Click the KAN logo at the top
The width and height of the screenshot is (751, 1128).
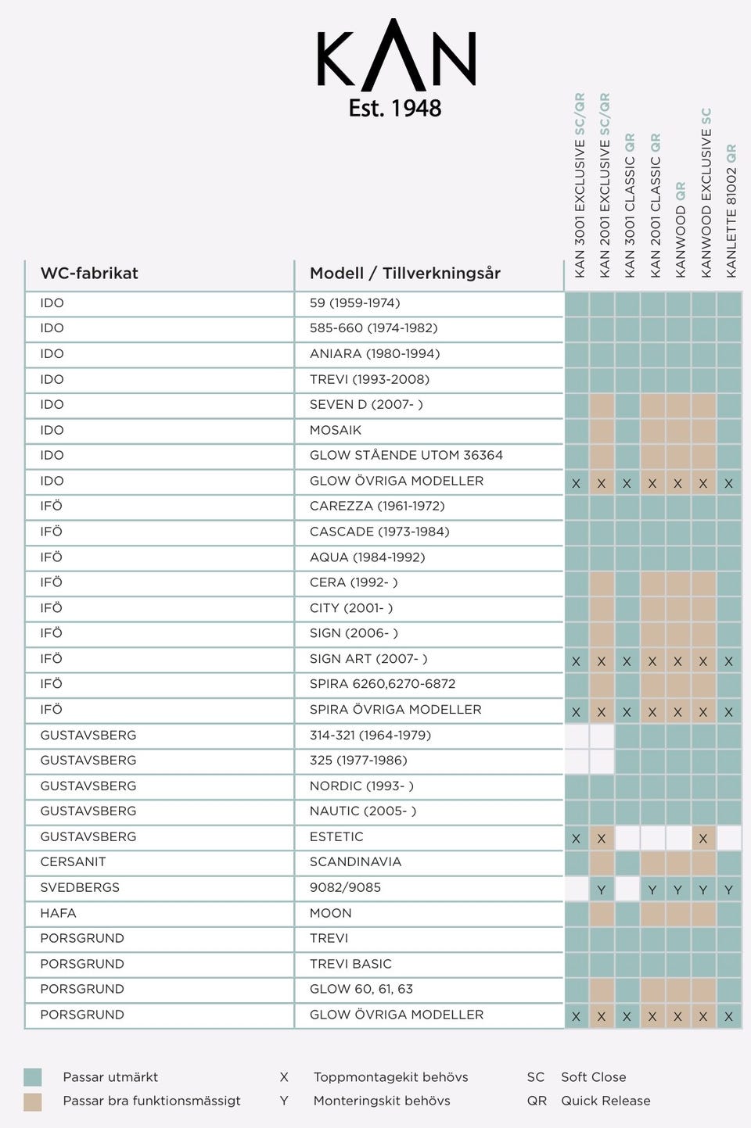pyautogui.click(x=396, y=55)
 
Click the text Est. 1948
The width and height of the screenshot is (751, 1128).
pyautogui.click(x=395, y=108)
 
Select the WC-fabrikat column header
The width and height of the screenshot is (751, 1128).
pyautogui.click(x=89, y=273)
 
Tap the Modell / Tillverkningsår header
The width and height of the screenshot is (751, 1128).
pyautogui.click(x=404, y=273)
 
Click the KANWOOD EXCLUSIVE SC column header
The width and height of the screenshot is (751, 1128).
pyautogui.click(x=706, y=192)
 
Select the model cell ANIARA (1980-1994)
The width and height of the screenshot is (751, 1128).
pyautogui.click(x=375, y=353)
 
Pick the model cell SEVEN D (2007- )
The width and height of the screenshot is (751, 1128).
pyautogui.click(x=366, y=404)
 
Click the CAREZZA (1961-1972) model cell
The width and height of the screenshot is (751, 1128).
pyautogui.click(x=377, y=506)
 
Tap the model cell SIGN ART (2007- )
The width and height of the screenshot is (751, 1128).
pyautogui.click(x=368, y=658)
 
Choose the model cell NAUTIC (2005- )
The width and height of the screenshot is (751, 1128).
pyautogui.click(x=363, y=811)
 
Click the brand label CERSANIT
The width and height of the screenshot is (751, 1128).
pyautogui.click(x=73, y=861)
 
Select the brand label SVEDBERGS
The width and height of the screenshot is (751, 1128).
pyautogui.click(x=80, y=887)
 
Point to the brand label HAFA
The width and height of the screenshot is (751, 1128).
pyautogui.click(x=58, y=913)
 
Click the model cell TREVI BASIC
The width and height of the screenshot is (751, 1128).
pyautogui.click(x=350, y=964)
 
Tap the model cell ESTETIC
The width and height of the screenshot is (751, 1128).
pyautogui.click(x=336, y=836)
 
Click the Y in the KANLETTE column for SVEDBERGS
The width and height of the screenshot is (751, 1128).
pyautogui.click(x=728, y=890)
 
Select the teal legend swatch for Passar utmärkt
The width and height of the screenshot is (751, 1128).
pyautogui.click(x=33, y=1077)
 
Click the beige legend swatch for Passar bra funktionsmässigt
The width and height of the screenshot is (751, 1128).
pyautogui.click(x=33, y=1101)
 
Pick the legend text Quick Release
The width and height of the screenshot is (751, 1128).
pyautogui.click(x=605, y=1101)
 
